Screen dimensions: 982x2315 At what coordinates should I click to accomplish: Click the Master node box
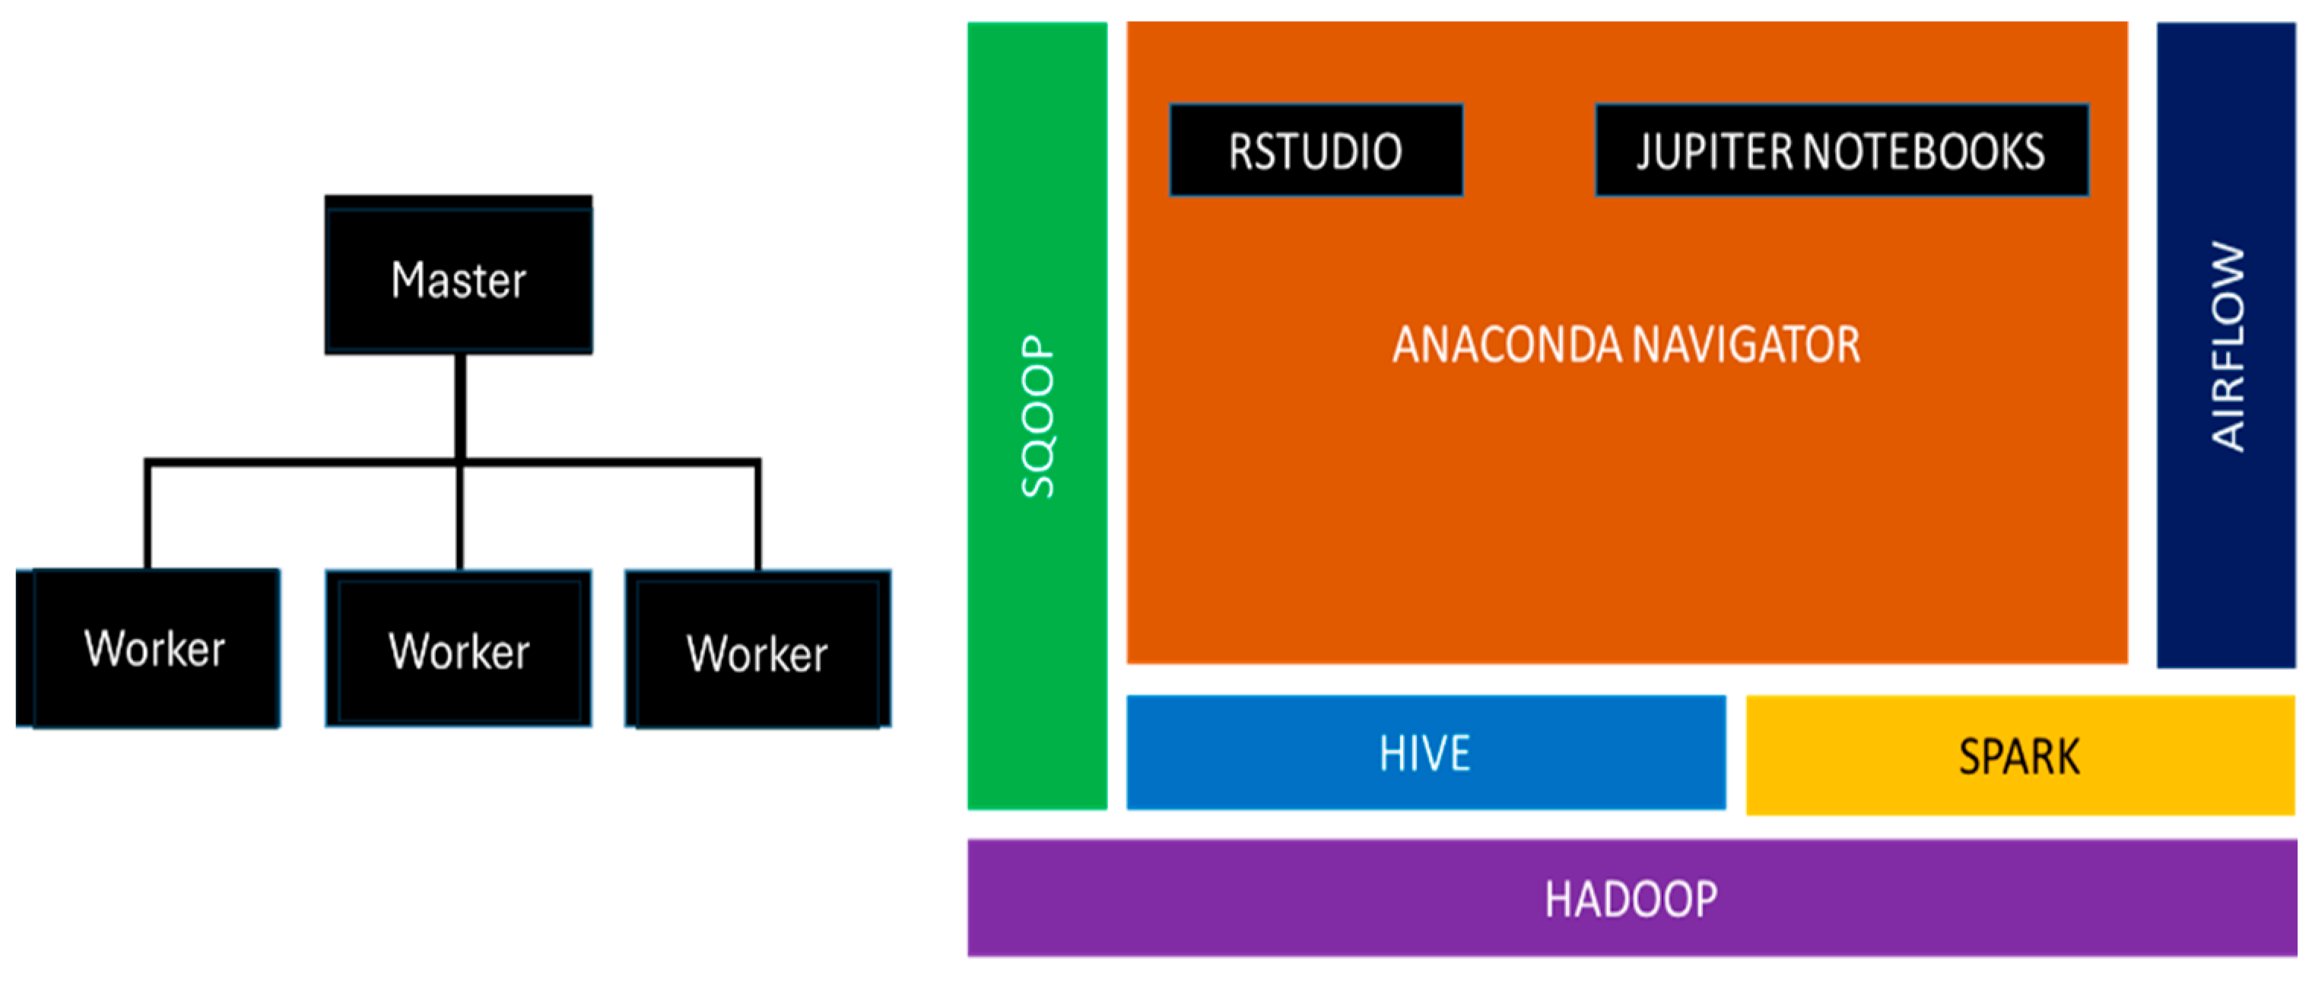[459, 275]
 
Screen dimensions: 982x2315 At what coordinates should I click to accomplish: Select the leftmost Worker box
[149, 648]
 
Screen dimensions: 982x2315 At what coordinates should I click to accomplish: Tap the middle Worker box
[459, 648]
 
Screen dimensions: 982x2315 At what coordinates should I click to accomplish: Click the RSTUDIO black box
[1316, 150]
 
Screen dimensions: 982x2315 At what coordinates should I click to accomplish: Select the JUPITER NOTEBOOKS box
[1841, 150]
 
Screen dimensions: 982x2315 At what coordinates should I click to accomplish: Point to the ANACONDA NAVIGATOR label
[1626, 345]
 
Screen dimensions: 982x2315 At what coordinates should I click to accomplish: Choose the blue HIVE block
[1425, 753]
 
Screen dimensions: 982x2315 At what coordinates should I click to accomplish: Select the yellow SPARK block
[2019, 755]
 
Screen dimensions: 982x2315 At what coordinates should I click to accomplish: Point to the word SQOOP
[1037, 416]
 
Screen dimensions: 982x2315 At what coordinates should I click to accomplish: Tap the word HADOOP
[1631, 899]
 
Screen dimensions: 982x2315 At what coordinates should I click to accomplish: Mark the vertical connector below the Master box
[460, 406]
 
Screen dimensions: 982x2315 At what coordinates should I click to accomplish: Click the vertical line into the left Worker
[148, 516]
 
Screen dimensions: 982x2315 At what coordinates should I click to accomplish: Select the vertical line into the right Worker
[758, 516]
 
